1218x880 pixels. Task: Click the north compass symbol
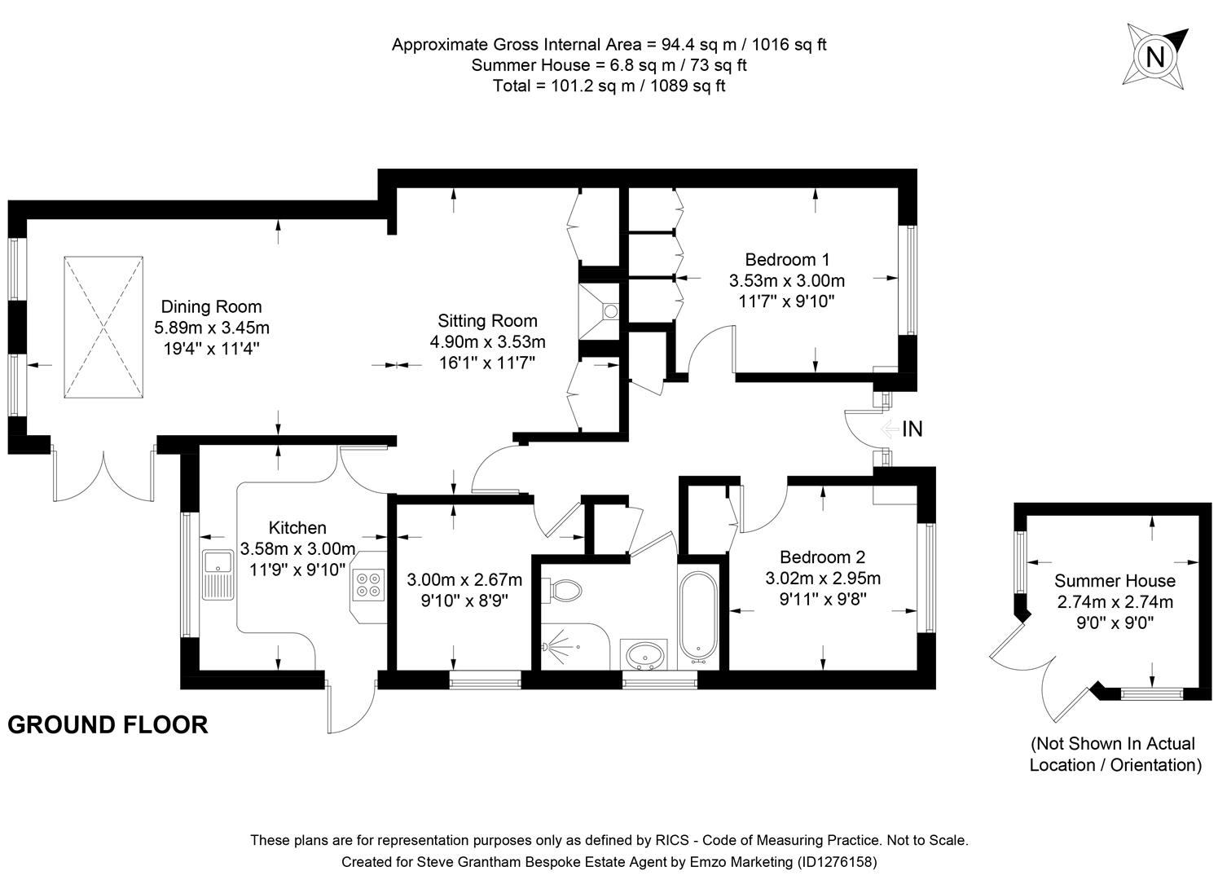click(1154, 55)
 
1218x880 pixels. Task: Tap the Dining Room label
click(211, 307)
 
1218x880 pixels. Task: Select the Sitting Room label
click(487, 321)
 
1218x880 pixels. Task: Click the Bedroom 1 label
click(787, 260)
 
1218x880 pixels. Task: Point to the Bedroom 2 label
click(822, 557)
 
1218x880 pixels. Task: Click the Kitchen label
click(297, 528)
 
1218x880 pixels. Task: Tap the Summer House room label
click(1115, 581)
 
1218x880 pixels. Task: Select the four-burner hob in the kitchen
click(367, 585)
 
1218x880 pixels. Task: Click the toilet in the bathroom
click(562, 589)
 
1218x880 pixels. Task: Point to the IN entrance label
click(912, 429)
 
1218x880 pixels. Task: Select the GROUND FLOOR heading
click(108, 724)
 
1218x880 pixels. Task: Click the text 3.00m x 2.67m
click(464, 580)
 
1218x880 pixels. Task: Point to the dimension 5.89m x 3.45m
click(211, 328)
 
